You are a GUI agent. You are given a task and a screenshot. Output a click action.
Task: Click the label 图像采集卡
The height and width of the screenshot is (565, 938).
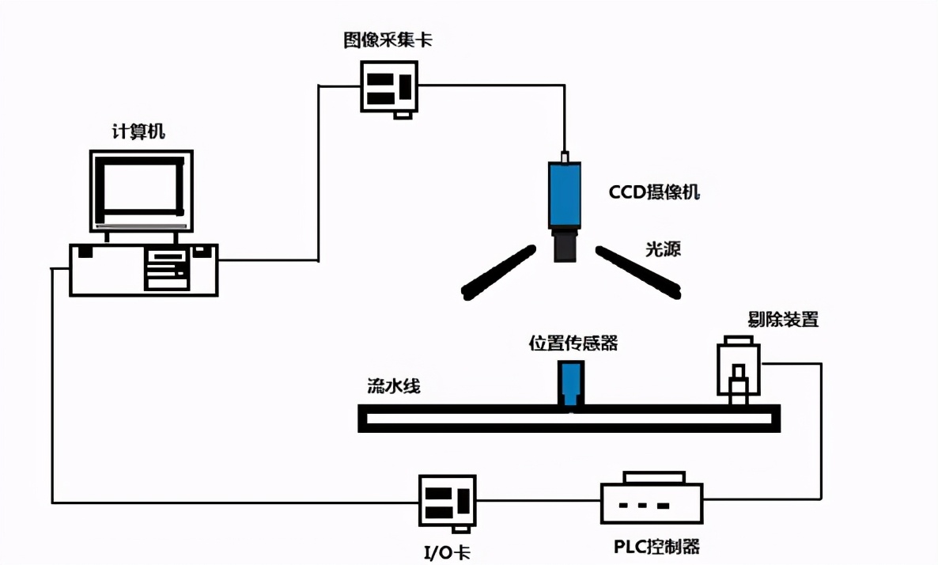click(x=387, y=40)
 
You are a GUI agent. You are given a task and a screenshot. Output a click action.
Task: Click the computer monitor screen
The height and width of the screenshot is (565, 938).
click(x=141, y=188)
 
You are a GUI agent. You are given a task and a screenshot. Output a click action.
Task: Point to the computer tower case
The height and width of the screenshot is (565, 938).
click(x=143, y=270)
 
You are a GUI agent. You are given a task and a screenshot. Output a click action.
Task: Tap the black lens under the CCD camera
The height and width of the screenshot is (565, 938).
click(x=565, y=245)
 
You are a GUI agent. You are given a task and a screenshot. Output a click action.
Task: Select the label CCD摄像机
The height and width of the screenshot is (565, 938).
click(x=654, y=192)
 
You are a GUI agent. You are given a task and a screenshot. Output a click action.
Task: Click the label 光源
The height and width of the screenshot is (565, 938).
click(x=663, y=249)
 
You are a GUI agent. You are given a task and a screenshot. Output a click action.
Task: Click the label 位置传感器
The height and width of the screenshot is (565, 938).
click(x=573, y=343)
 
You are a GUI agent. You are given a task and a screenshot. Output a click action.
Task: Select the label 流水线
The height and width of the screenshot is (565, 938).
click(x=393, y=386)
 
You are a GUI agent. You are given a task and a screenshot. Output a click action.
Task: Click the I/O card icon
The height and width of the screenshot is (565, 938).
click(x=447, y=500)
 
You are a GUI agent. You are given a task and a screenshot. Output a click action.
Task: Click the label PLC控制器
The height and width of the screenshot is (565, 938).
click(x=656, y=546)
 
